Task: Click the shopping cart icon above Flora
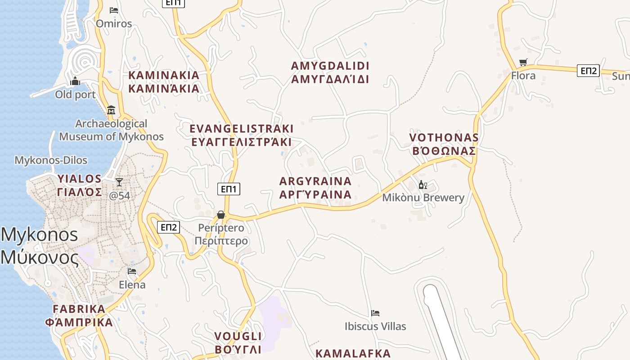click(523, 63)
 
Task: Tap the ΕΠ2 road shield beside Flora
click(588, 71)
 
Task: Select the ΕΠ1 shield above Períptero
click(229, 189)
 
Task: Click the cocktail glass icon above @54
click(119, 182)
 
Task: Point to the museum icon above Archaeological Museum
click(111, 110)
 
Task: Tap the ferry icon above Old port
click(75, 81)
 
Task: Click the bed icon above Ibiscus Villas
click(375, 313)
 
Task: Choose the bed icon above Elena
click(132, 271)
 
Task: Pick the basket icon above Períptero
click(220, 215)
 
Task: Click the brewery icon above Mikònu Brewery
click(423, 184)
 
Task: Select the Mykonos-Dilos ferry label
click(51, 160)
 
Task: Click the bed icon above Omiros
click(114, 10)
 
